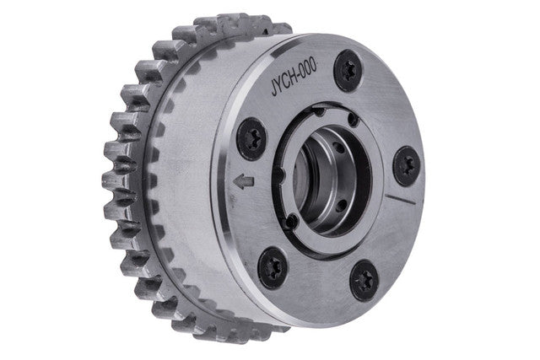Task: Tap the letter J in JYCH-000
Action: (274, 89)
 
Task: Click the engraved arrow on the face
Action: (244, 181)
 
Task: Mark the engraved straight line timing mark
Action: (400, 198)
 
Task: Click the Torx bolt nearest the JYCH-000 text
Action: (348, 70)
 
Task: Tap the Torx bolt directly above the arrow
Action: (251, 139)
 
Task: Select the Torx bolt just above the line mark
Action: (407, 167)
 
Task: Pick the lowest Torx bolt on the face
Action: (364, 281)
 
